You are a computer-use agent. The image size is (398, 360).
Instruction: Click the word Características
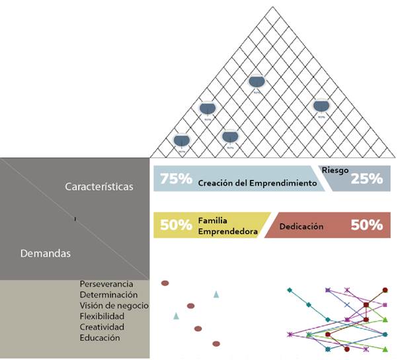point(99,187)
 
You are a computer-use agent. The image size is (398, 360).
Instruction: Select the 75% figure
point(176,179)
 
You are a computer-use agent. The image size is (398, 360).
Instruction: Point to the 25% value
point(366,179)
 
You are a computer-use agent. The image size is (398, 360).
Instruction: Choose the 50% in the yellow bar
point(176,225)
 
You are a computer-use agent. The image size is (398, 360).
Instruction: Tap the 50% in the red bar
point(366,225)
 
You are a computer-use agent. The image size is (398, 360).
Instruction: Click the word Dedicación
point(301,226)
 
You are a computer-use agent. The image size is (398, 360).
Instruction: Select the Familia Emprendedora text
point(228,226)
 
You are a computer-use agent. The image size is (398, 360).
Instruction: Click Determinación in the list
point(109,294)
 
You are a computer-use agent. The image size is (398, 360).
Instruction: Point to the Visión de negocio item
point(114,305)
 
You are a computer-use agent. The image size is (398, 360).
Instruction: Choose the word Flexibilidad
point(102,316)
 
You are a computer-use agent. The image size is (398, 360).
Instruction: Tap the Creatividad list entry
point(102,327)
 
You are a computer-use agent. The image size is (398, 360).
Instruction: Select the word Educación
point(100,337)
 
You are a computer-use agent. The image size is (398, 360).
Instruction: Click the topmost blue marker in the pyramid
point(257,82)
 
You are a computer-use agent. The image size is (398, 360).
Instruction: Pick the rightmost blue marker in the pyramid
point(321,106)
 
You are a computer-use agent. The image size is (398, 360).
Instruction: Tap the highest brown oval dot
point(165,283)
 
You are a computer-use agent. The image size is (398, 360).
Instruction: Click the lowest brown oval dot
point(216,343)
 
